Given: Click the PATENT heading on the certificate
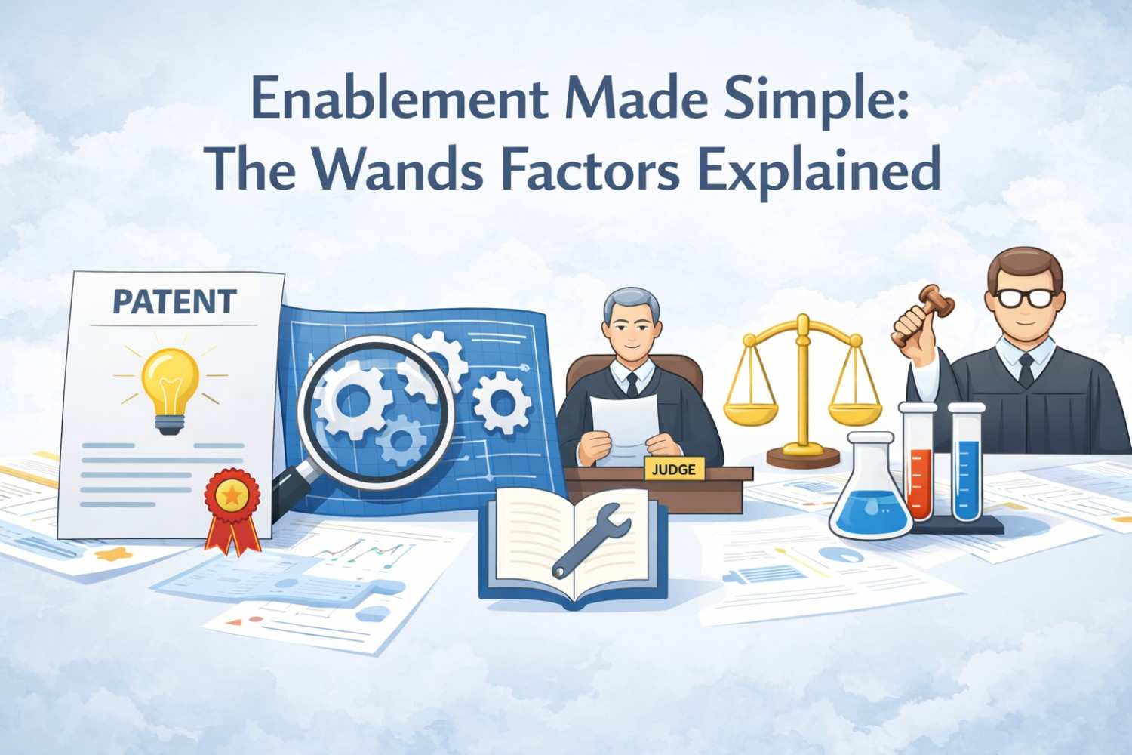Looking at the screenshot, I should (174, 302).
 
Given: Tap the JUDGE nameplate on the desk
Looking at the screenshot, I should (673, 469).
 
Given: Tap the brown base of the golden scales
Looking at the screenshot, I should (803, 456).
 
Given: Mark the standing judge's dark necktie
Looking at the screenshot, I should (1026, 368).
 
